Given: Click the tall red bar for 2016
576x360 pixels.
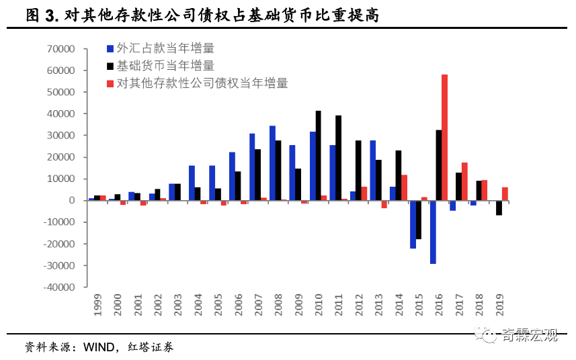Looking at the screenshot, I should (444, 137).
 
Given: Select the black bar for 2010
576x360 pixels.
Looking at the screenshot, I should (319, 156).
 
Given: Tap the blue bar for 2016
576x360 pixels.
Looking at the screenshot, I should (433, 232).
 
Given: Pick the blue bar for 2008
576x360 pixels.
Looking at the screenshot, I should (272, 163).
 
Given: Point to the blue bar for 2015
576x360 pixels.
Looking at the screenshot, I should (413, 224).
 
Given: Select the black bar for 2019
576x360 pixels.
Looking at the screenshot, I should (499, 208).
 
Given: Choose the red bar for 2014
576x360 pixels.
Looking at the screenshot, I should (404, 187).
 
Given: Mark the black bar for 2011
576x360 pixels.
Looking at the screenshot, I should (339, 158).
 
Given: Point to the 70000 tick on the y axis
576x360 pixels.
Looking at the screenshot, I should (60, 49).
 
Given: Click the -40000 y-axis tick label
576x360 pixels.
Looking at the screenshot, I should (58, 287).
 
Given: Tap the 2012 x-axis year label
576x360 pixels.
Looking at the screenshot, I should (360, 304).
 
